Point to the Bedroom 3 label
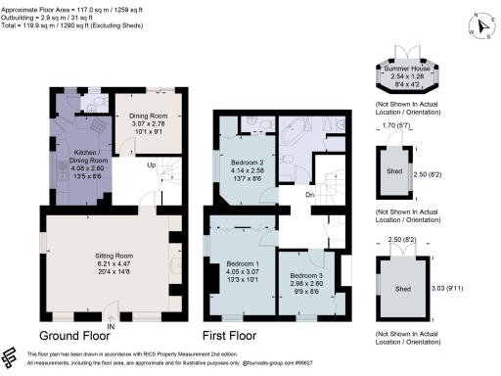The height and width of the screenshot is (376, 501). click(x=305, y=275)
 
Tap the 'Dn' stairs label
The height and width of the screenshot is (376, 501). click(x=308, y=194)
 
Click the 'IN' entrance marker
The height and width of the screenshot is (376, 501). click(x=113, y=325)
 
